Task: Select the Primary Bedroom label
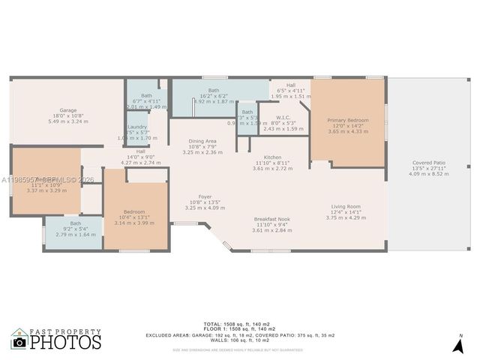pyautogui.click(x=348, y=120)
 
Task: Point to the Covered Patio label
pyautogui.click(x=429, y=163)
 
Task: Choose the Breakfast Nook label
pyautogui.click(x=271, y=219)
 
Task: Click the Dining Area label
pyautogui.click(x=202, y=141)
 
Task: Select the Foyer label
pyautogui.click(x=205, y=196)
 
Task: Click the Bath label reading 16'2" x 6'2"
pyautogui.click(x=214, y=90)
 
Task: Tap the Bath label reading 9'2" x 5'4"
pyautogui.click(x=76, y=223)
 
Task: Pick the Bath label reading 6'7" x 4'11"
pyautogui.click(x=146, y=95)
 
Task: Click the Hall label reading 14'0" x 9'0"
pyautogui.click(x=140, y=151)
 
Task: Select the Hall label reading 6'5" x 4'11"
pyautogui.click(x=290, y=85)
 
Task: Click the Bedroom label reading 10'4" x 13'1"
pyautogui.click(x=134, y=212)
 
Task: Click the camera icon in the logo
pyautogui.click(x=19, y=342)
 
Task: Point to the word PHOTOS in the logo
pyautogui.click(x=65, y=343)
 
